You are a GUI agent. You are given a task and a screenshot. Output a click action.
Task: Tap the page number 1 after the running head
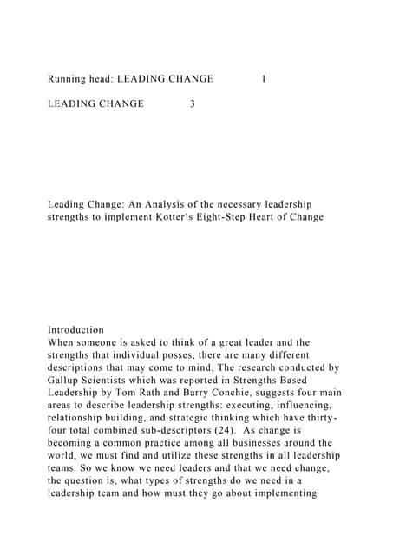pyautogui.click(x=264, y=79)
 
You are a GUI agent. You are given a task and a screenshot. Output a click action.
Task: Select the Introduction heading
pyautogui.click(x=75, y=330)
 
